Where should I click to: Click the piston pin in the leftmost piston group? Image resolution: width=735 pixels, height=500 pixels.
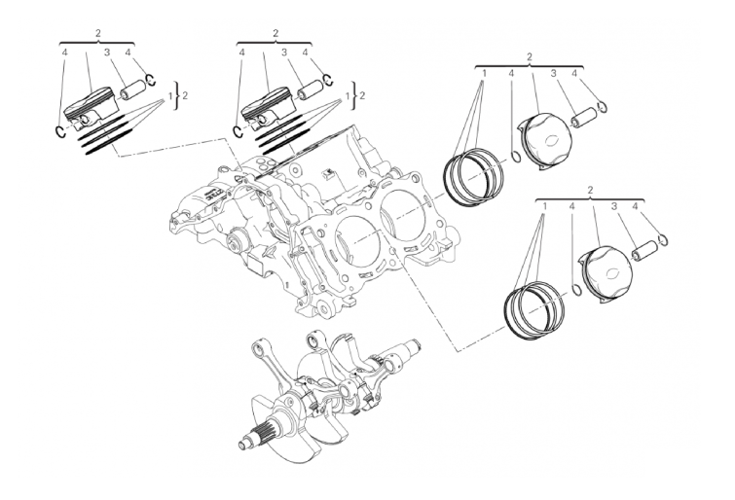133,90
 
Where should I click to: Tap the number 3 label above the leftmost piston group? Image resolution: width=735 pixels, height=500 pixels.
106,53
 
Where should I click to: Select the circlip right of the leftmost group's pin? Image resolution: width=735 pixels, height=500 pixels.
151,80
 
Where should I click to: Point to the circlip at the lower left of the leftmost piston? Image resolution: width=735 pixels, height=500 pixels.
61,132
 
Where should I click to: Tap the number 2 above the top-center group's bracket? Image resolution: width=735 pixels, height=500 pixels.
276,33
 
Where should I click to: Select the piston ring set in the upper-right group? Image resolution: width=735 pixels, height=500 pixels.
473,176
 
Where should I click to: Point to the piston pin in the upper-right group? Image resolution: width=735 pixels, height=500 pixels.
583,117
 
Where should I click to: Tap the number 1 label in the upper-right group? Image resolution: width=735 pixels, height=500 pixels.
484,73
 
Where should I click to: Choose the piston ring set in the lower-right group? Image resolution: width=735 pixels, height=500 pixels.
533,309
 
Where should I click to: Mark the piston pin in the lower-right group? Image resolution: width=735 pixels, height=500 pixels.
644,251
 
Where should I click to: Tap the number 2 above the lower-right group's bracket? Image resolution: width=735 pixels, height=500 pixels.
590,190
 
